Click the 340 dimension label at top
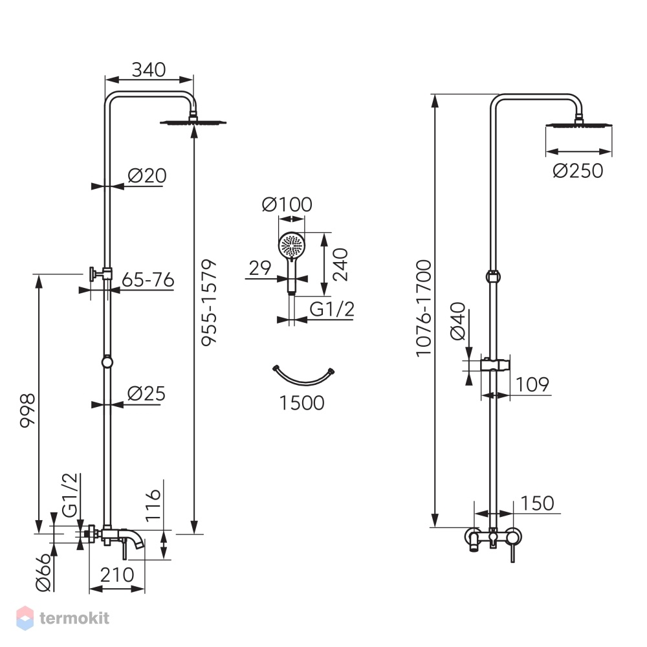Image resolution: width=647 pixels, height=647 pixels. [149, 69]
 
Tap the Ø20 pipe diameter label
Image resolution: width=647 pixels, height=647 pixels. [147, 176]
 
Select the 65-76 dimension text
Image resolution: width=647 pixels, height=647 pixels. [148, 280]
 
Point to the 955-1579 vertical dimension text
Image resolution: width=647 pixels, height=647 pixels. [209, 302]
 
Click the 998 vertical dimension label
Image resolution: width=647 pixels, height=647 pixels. [28, 411]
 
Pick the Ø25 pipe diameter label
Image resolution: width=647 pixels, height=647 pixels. [146, 393]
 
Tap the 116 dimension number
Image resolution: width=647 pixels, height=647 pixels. [153, 505]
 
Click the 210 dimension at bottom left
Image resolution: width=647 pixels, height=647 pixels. [117, 575]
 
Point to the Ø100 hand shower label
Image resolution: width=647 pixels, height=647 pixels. [287, 204]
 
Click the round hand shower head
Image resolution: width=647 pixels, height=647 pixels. [292, 245]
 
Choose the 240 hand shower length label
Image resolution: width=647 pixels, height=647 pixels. [340, 265]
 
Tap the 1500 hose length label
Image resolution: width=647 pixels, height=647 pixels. [302, 402]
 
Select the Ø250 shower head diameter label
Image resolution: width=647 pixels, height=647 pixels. [578, 171]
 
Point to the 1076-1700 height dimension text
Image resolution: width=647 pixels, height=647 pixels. [424, 308]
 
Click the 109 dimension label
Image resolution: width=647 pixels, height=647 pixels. [532, 384]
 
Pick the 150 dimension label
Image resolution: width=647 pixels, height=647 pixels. [537, 503]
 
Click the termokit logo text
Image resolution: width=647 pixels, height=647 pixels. [74, 618]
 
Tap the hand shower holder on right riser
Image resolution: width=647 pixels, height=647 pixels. [495, 364]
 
